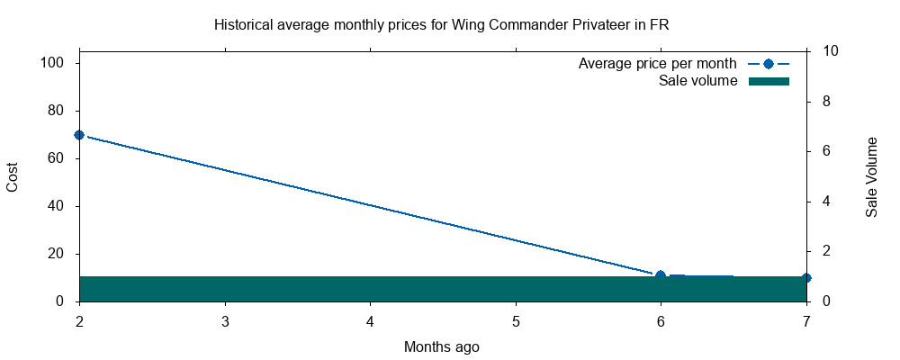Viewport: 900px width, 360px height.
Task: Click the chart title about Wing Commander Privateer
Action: (441, 24)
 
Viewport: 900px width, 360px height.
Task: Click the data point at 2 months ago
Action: (79, 135)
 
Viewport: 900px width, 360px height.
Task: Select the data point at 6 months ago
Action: (661, 275)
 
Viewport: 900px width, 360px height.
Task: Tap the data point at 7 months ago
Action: (806, 278)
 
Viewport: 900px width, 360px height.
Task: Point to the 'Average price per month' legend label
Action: (657, 64)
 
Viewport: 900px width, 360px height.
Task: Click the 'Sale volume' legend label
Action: (697, 81)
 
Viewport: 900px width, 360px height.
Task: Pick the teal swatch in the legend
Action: (768, 81)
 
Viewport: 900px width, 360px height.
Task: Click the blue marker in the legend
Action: (768, 64)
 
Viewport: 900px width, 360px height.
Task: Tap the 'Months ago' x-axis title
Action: (441, 346)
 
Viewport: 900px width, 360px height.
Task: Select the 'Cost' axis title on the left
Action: (13, 176)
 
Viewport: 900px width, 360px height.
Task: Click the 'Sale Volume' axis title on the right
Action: (871, 176)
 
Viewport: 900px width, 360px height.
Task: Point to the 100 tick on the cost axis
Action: (56, 63)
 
